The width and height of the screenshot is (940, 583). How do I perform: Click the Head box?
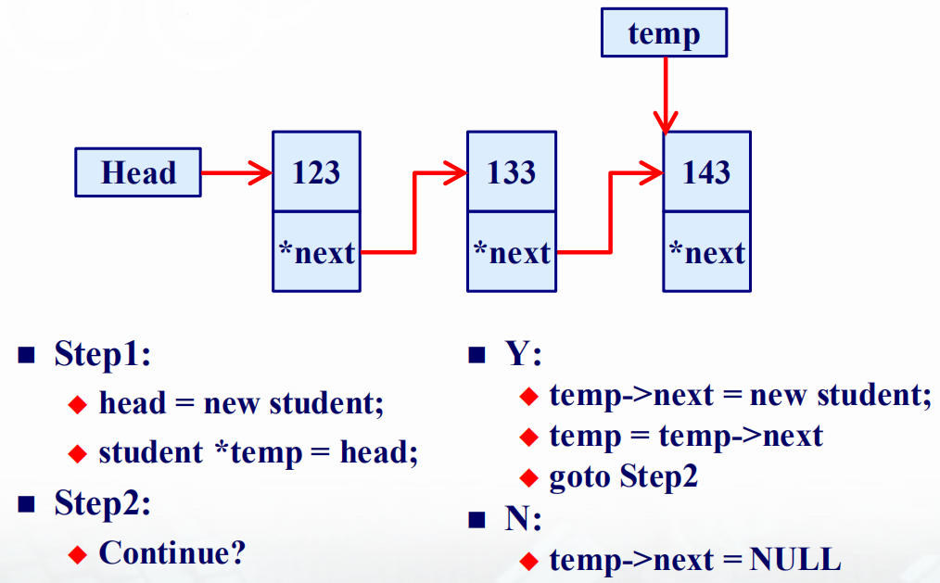pos(138,172)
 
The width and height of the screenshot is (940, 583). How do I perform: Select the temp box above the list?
pos(665,32)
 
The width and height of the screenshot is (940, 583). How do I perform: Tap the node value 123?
pos(316,172)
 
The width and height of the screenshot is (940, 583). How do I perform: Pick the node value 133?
pos(511,172)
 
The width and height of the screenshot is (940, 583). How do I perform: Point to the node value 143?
pos(706,172)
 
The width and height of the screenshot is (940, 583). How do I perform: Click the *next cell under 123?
pos(316,252)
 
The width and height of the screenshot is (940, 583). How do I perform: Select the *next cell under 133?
pos(512,252)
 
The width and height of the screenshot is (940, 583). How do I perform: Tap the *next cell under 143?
pos(706,252)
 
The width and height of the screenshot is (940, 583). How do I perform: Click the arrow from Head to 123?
pos(236,173)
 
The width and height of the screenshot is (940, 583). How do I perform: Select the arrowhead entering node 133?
pos(455,173)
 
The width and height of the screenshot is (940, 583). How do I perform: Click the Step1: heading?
pos(103,353)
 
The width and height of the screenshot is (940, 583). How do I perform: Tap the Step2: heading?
pos(103,502)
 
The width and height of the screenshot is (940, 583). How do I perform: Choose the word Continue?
pos(172,552)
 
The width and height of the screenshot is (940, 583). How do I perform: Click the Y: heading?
pos(524,353)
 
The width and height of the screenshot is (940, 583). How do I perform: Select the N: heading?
pos(524,518)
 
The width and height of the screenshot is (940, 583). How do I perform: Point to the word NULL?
pos(795,560)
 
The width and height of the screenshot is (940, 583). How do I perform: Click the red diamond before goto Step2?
pos(528,478)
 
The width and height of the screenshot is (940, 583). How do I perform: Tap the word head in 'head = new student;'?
pos(133,402)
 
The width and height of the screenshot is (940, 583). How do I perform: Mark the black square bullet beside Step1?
pos(26,355)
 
